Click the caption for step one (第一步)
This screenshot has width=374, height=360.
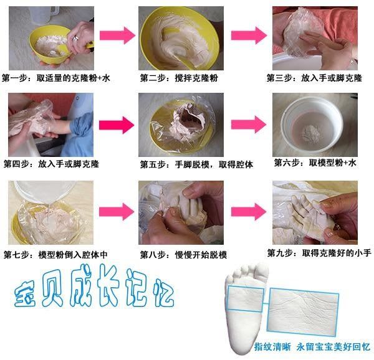(x=56, y=78)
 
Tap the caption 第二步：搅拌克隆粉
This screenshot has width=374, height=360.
(x=179, y=78)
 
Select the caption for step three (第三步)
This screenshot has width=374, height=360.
(x=314, y=78)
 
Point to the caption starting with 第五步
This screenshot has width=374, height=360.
(x=196, y=164)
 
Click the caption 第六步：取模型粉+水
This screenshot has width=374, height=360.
(x=315, y=163)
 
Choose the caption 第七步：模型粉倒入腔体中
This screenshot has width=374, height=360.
(x=55, y=255)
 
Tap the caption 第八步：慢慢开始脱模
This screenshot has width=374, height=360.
(x=183, y=255)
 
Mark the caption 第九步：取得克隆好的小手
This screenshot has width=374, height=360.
(x=319, y=253)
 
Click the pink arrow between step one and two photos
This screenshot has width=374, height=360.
(x=117, y=36)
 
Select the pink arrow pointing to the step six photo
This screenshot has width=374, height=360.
(x=249, y=125)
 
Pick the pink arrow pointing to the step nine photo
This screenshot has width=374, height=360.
(x=249, y=212)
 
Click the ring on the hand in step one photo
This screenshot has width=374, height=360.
(x=76, y=37)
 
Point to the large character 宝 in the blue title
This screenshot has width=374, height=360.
(x=25, y=293)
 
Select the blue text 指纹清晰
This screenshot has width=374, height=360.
(x=272, y=347)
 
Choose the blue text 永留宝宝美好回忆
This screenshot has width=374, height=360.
(x=333, y=347)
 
